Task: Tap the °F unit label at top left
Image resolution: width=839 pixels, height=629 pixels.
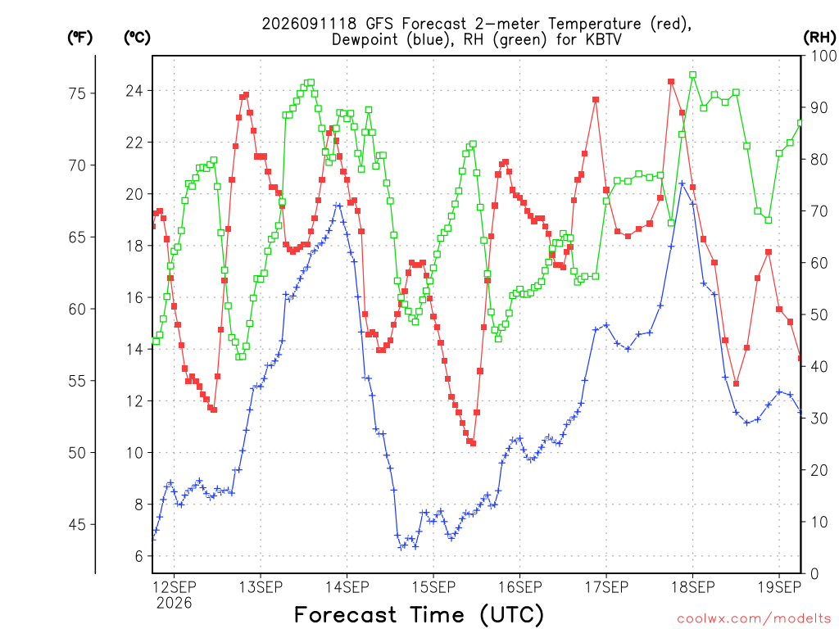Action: coord(79,38)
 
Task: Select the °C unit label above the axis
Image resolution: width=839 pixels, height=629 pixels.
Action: coord(137,38)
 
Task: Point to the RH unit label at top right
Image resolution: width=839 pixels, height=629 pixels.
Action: coord(819,38)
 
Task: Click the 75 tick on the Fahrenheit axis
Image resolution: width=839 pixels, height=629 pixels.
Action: coord(77,93)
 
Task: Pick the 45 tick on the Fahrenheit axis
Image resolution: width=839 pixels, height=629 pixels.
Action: coord(77,525)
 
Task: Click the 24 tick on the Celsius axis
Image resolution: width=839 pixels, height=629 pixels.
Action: coord(134,91)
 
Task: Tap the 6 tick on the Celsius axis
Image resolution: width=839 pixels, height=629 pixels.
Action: coord(139,556)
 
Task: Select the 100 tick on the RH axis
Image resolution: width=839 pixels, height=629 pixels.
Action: coord(824,57)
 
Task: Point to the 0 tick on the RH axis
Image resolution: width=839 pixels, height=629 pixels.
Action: coord(814,574)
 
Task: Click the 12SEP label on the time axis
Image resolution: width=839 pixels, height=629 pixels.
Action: coord(175,587)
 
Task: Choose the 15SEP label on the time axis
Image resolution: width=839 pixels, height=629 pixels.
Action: coord(433,587)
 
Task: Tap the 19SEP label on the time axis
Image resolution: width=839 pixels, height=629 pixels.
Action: coord(779,587)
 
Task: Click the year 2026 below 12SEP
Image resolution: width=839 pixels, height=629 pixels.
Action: coord(174,604)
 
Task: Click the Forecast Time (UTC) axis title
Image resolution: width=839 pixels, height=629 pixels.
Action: coord(419,615)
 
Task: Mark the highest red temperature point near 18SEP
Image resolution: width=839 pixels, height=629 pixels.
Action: coord(671,82)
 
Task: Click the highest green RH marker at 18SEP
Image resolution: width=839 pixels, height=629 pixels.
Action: coord(693,75)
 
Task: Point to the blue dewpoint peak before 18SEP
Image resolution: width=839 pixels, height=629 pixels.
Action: coord(682,183)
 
